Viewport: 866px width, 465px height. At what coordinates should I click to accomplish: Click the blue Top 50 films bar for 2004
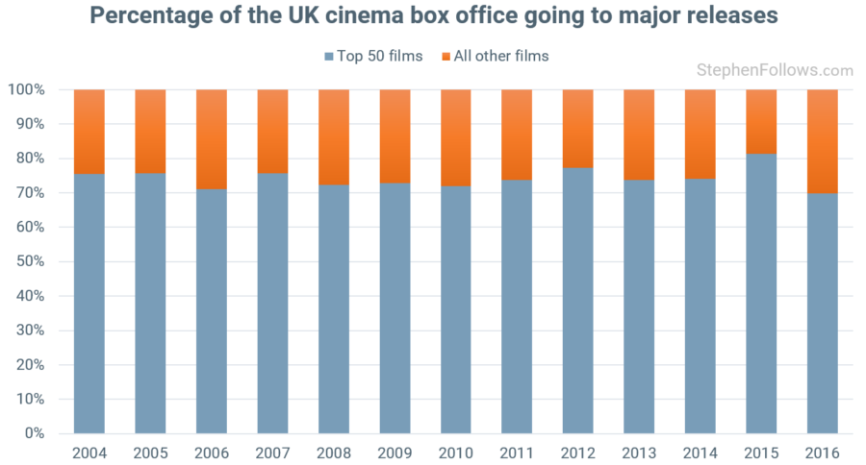[89, 303]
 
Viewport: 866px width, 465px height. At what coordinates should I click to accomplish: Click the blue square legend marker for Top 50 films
[329, 56]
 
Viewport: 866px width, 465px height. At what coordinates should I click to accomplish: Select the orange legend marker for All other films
[446, 56]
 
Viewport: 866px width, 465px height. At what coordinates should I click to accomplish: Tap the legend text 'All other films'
[503, 56]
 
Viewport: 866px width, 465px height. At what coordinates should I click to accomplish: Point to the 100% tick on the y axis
[26, 89]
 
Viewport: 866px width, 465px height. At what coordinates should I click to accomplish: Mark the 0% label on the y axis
[34, 433]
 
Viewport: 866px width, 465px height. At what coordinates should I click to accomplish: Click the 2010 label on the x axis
[455, 452]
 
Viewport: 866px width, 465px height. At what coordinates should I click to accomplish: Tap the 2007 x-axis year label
[272, 452]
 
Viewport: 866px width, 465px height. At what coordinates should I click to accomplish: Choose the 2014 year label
[700, 452]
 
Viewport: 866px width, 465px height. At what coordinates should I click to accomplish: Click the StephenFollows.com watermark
[775, 70]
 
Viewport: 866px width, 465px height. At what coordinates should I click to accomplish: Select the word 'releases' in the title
[733, 16]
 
